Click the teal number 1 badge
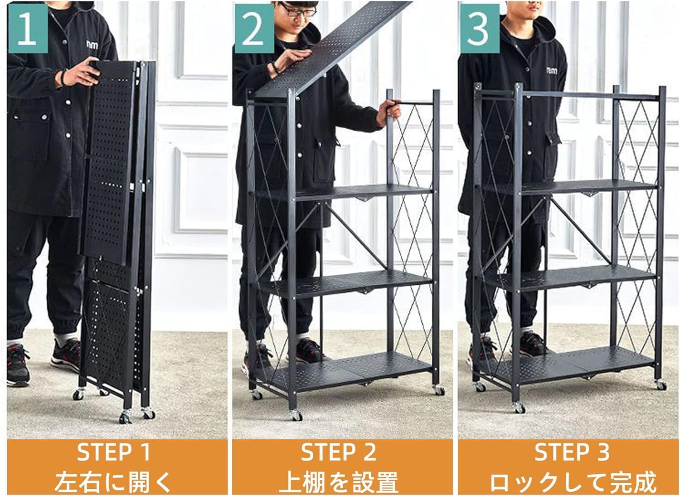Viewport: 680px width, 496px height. click(28, 28)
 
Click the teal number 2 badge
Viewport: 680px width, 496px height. click(254, 28)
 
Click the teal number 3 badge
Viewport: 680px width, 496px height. click(480, 28)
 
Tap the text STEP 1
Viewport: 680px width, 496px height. click(114, 452)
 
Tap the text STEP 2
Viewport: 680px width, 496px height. click(339, 452)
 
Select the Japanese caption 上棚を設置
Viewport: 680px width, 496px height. click(339, 481)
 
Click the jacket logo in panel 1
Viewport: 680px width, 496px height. click(92, 45)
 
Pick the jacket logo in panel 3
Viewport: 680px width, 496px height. click(552, 71)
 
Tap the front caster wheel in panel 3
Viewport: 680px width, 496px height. click(520, 408)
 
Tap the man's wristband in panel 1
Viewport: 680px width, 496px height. click(64, 77)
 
